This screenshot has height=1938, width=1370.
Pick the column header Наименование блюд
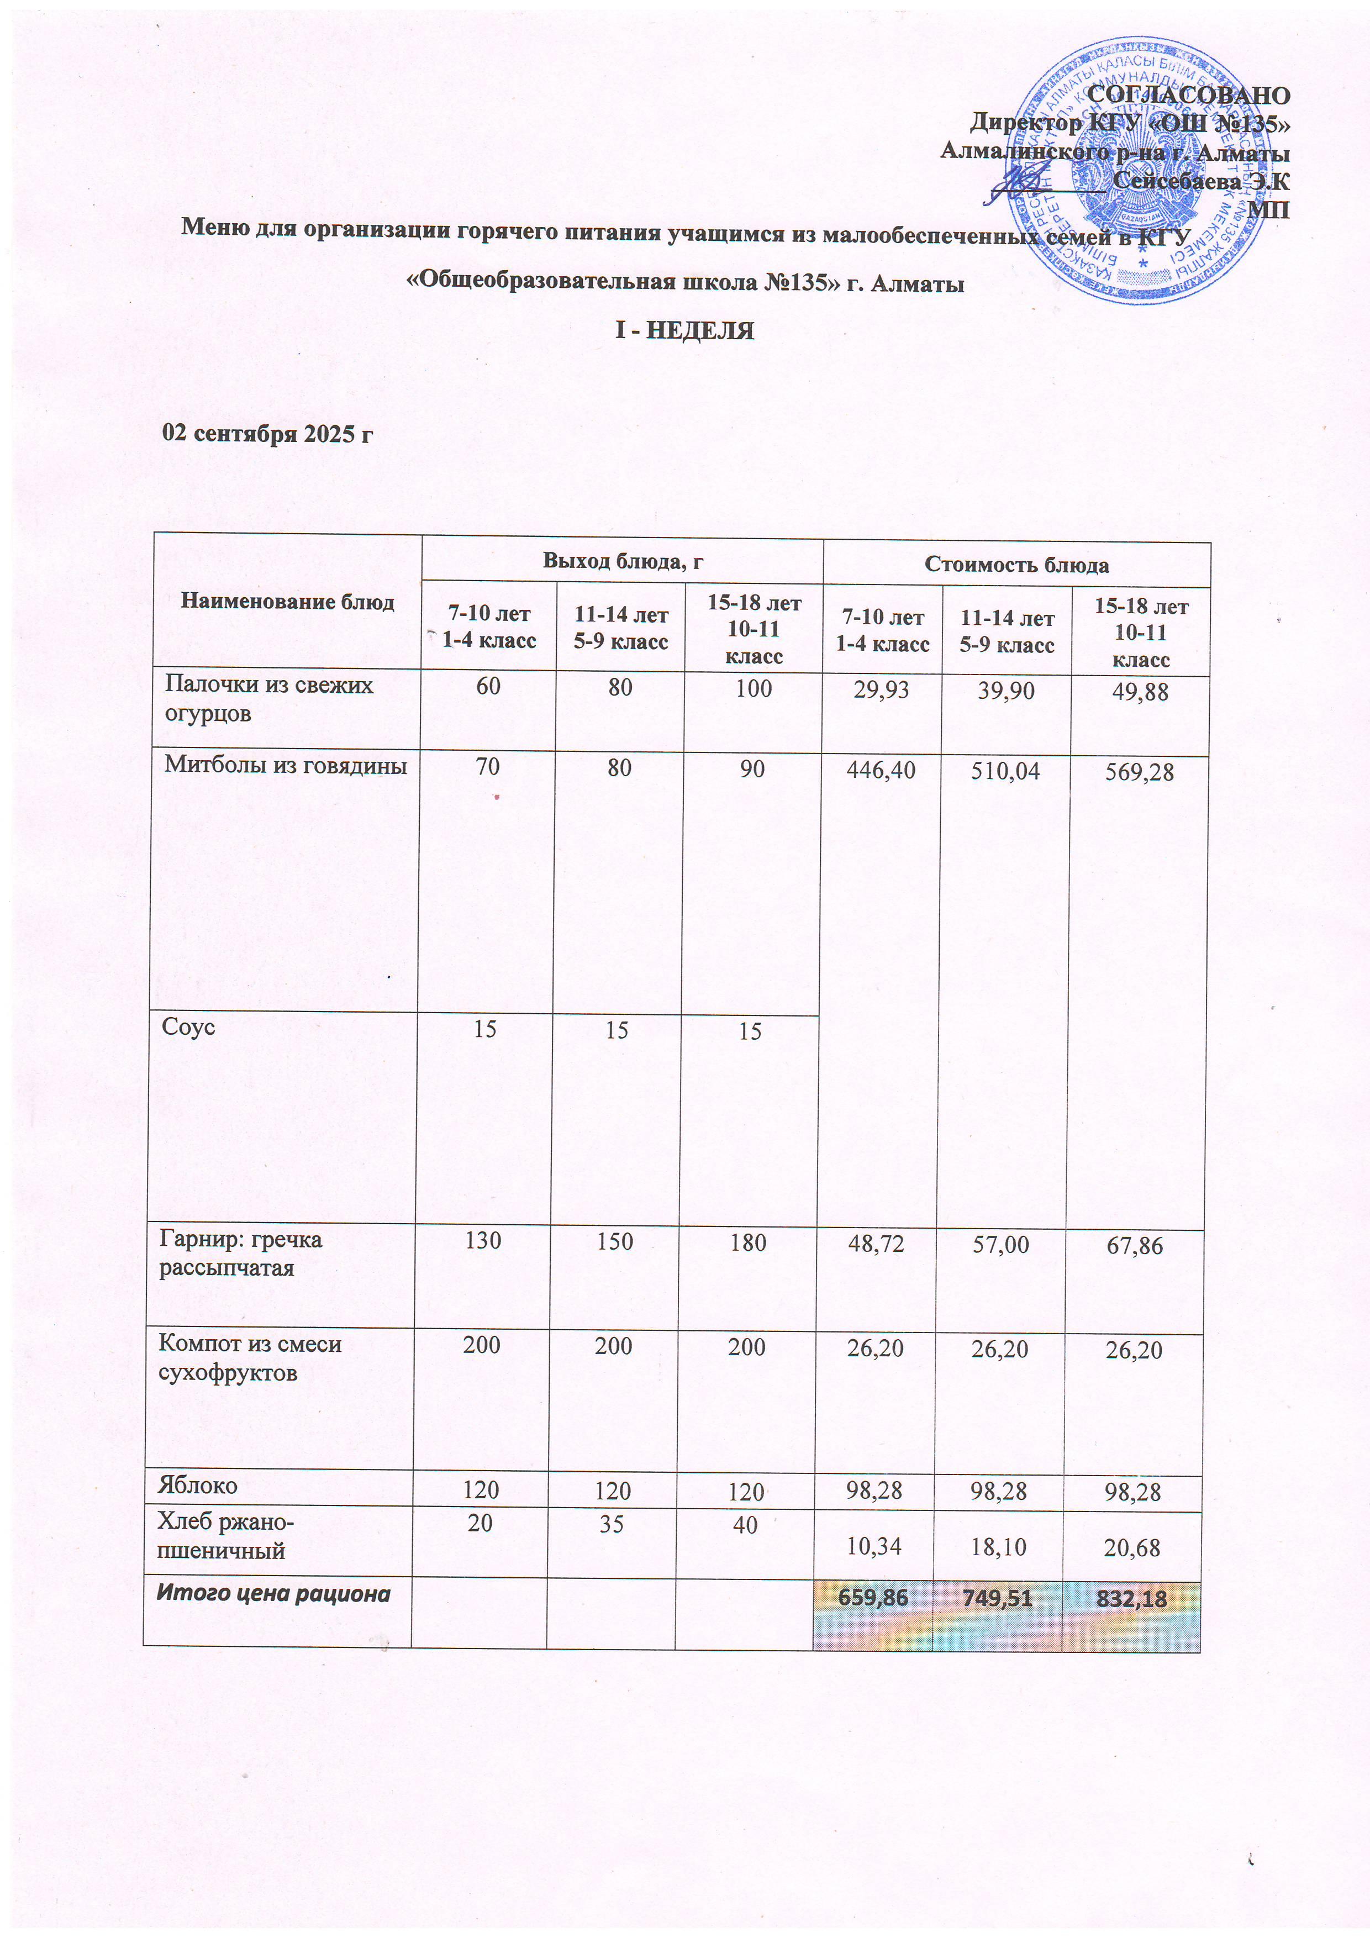(287, 602)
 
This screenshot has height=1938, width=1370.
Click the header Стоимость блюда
(1016, 565)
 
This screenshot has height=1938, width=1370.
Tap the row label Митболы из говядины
(285, 766)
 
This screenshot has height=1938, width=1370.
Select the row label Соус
(188, 1027)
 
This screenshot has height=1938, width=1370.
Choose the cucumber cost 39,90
(1005, 691)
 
